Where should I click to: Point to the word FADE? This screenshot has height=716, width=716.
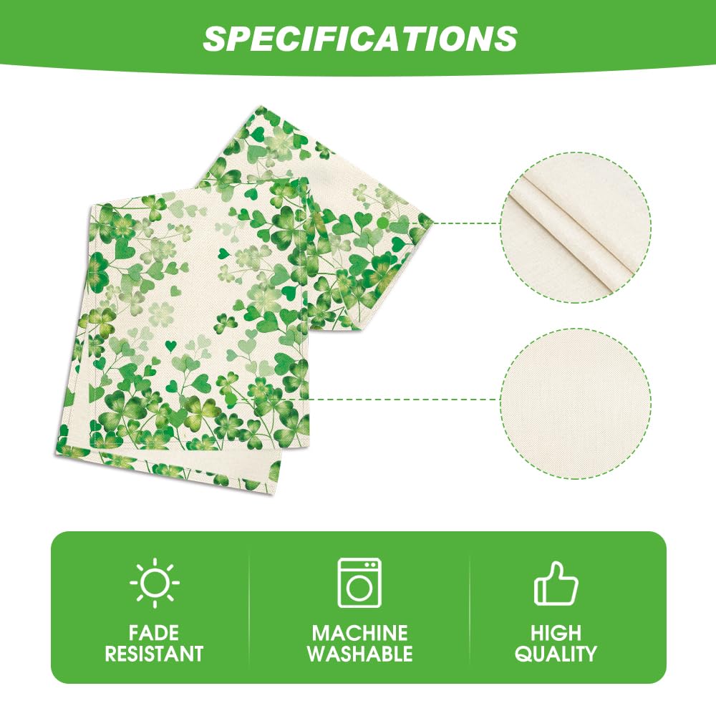pyautogui.click(x=155, y=633)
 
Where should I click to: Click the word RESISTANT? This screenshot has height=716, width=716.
pyautogui.click(x=155, y=653)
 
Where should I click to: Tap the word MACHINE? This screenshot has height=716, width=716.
pyautogui.click(x=359, y=633)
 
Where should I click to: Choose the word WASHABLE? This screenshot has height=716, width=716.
pyautogui.click(x=359, y=653)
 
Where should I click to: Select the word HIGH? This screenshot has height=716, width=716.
pyautogui.click(x=556, y=633)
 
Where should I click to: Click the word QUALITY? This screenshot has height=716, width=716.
pyautogui.click(x=556, y=653)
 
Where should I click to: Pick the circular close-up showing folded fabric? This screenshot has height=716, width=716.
pyautogui.click(x=576, y=227)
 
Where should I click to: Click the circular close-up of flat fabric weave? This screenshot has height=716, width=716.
pyautogui.click(x=576, y=400)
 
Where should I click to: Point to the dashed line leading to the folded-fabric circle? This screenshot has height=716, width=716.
pyautogui.click(x=465, y=223)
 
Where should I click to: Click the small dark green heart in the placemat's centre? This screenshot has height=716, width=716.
pyautogui.click(x=223, y=252)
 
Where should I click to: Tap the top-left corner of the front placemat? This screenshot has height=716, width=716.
pyautogui.click(x=90, y=204)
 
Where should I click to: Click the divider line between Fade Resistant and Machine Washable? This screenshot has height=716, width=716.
pyautogui.click(x=248, y=607)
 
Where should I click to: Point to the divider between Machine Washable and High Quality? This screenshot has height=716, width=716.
pyautogui.click(x=470, y=607)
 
